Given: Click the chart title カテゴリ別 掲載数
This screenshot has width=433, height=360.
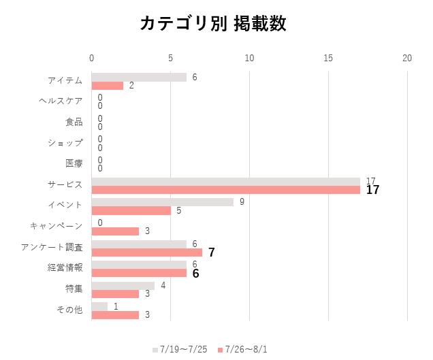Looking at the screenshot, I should click(x=213, y=23).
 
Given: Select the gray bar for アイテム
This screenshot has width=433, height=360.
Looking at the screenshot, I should click(x=139, y=77).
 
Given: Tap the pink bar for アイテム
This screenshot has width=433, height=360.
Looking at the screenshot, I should click(x=108, y=86).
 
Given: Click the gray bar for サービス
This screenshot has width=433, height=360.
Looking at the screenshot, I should click(x=225, y=182).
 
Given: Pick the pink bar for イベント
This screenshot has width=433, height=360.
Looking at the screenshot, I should click(x=131, y=210).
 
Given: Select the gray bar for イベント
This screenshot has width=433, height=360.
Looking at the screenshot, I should click(x=162, y=202).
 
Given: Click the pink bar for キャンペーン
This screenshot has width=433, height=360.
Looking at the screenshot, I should click(x=115, y=231).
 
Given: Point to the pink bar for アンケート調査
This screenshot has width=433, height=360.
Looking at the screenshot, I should click(x=146, y=252).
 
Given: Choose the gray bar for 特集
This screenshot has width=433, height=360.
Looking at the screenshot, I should click(x=123, y=286).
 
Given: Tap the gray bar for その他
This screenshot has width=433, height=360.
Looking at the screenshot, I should click(x=99, y=307).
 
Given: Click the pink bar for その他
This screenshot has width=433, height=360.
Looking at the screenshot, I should click(x=115, y=315).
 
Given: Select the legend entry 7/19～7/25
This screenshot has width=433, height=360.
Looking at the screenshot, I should click(x=180, y=349).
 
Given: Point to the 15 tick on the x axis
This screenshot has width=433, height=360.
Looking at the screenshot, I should click(x=328, y=59).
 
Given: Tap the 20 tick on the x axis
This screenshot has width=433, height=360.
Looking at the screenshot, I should click(x=407, y=59).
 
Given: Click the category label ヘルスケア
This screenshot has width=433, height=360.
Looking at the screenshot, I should click(x=61, y=101).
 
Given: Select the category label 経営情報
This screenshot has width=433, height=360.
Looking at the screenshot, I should click(x=65, y=268).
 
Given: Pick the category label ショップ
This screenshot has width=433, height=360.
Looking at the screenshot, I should click(x=65, y=143).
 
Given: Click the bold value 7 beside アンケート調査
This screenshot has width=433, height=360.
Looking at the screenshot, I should click(x=212, y=252).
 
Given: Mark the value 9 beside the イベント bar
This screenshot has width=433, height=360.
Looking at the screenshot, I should click(x=241, y=202).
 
